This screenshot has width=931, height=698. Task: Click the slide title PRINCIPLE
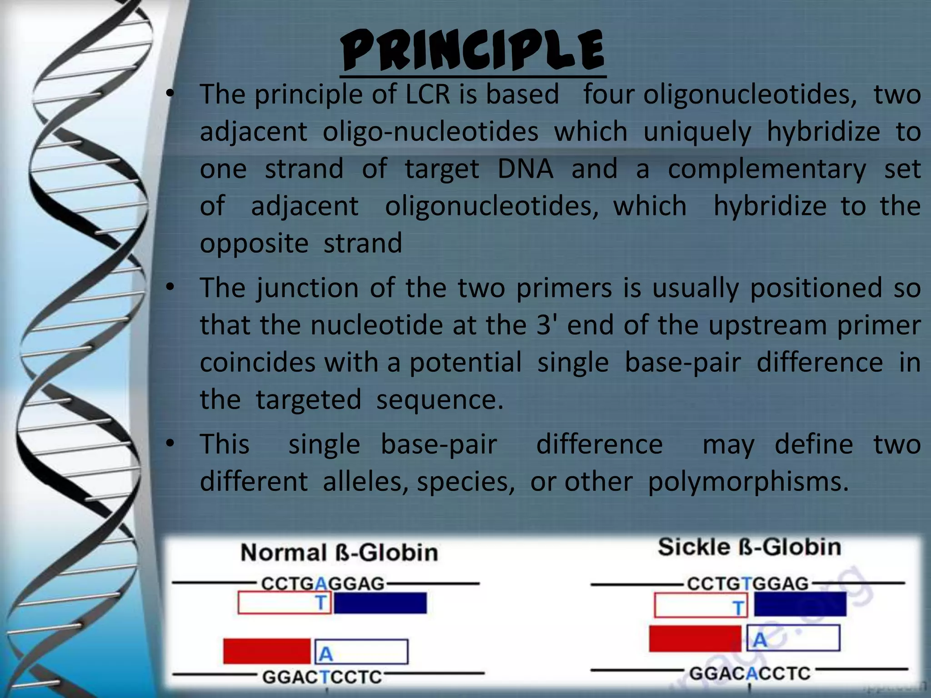click(x=473, y=51)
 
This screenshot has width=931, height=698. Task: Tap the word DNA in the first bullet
click(x=526, y=169)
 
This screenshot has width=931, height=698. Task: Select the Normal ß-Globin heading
click(x=339, y=553)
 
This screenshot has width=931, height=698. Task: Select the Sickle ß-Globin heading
click(x=749, y=547)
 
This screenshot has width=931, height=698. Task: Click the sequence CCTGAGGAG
click(x=323, y=583)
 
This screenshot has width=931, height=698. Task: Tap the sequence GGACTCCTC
click(x=322, y=677)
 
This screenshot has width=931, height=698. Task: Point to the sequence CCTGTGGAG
click(x=748, y=583)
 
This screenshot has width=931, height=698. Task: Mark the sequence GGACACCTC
click(x=750, y=673)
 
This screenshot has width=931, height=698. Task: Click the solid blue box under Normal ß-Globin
click(x=380, y=603)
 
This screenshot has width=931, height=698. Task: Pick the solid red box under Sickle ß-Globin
click(x=695, y=638)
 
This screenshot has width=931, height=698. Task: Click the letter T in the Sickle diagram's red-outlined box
click(x=739, y=608)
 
